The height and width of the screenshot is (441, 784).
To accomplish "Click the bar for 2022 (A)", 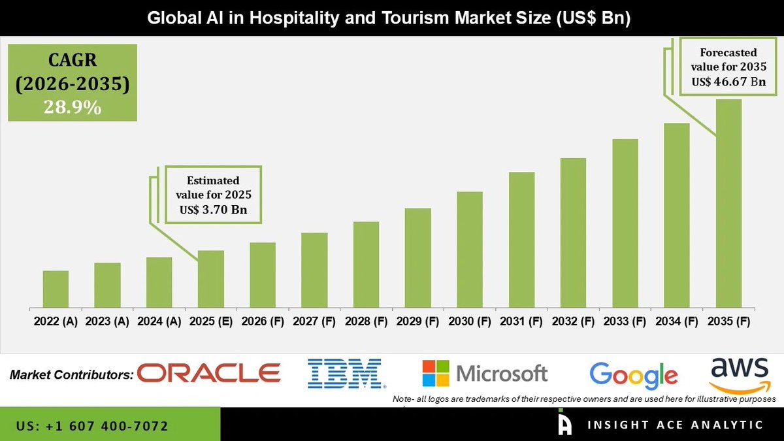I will tap(56, 289).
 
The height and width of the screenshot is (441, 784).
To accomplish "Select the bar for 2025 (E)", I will tap(211, 279).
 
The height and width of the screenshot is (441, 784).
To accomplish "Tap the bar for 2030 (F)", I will tap(470, 250).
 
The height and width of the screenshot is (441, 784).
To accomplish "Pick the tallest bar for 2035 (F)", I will tap(728, 203).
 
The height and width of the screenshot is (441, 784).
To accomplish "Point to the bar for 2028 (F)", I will tap(366, 265).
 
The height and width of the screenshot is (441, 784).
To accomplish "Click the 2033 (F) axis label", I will tap(625, 321).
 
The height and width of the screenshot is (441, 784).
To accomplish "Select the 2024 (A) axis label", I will tap(159, 321).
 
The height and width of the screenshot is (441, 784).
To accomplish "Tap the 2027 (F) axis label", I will tap(314, 321).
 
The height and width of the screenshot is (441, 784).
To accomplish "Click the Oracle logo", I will tap(209, 374).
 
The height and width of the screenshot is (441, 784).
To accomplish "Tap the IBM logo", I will tap(344, 374).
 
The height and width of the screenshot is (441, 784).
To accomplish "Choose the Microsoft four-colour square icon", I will tap(436, 374).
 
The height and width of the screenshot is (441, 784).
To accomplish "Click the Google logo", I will tap(633, 375).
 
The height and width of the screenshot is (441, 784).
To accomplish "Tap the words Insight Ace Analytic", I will tap(675, 425).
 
